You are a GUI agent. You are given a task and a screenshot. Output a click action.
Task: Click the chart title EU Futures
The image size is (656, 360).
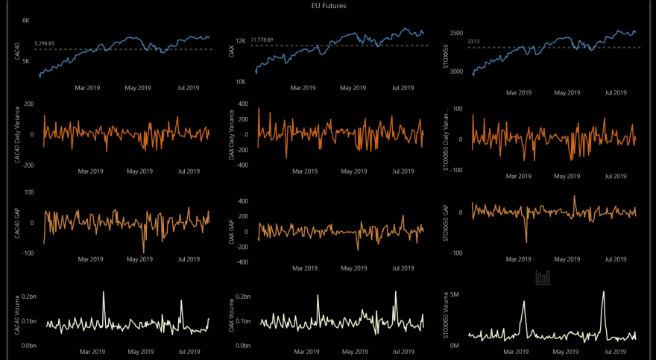[328, 6]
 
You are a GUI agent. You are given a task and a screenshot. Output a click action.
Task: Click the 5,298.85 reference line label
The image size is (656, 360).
[45, 44]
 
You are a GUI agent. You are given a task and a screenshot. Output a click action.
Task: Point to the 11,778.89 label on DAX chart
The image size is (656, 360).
[262, 40]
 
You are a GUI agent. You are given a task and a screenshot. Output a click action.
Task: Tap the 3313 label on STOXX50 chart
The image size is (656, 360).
[473, 42]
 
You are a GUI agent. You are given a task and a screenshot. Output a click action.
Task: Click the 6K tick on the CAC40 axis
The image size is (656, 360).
[26, 20]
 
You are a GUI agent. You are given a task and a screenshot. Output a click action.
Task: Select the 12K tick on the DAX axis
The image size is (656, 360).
[241, 41]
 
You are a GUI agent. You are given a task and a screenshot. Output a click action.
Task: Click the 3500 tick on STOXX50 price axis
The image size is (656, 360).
[458, 34]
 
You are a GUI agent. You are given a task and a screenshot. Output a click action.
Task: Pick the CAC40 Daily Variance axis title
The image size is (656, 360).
[16, 134]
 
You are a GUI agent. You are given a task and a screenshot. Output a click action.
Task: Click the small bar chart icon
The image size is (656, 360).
[543, 277]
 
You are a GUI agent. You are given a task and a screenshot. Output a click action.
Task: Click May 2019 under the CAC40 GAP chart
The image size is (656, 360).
[139, 259]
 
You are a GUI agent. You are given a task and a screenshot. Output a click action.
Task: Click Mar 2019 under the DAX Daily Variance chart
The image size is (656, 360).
[303, 171]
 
